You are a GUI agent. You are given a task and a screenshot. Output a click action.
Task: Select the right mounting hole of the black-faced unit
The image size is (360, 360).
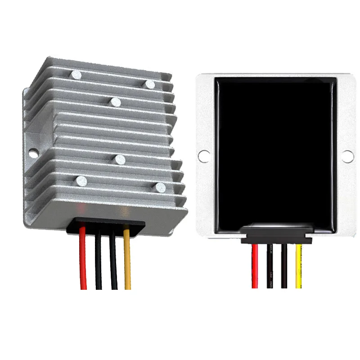347,156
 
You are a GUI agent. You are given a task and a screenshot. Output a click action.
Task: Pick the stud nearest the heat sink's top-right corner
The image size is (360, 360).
150,84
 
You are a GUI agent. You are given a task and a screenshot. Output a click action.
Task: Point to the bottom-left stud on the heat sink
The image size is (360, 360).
81,181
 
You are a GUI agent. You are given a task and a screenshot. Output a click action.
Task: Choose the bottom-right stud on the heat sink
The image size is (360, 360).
159,186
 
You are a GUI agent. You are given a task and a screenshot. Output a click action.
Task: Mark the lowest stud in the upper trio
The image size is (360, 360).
116,102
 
